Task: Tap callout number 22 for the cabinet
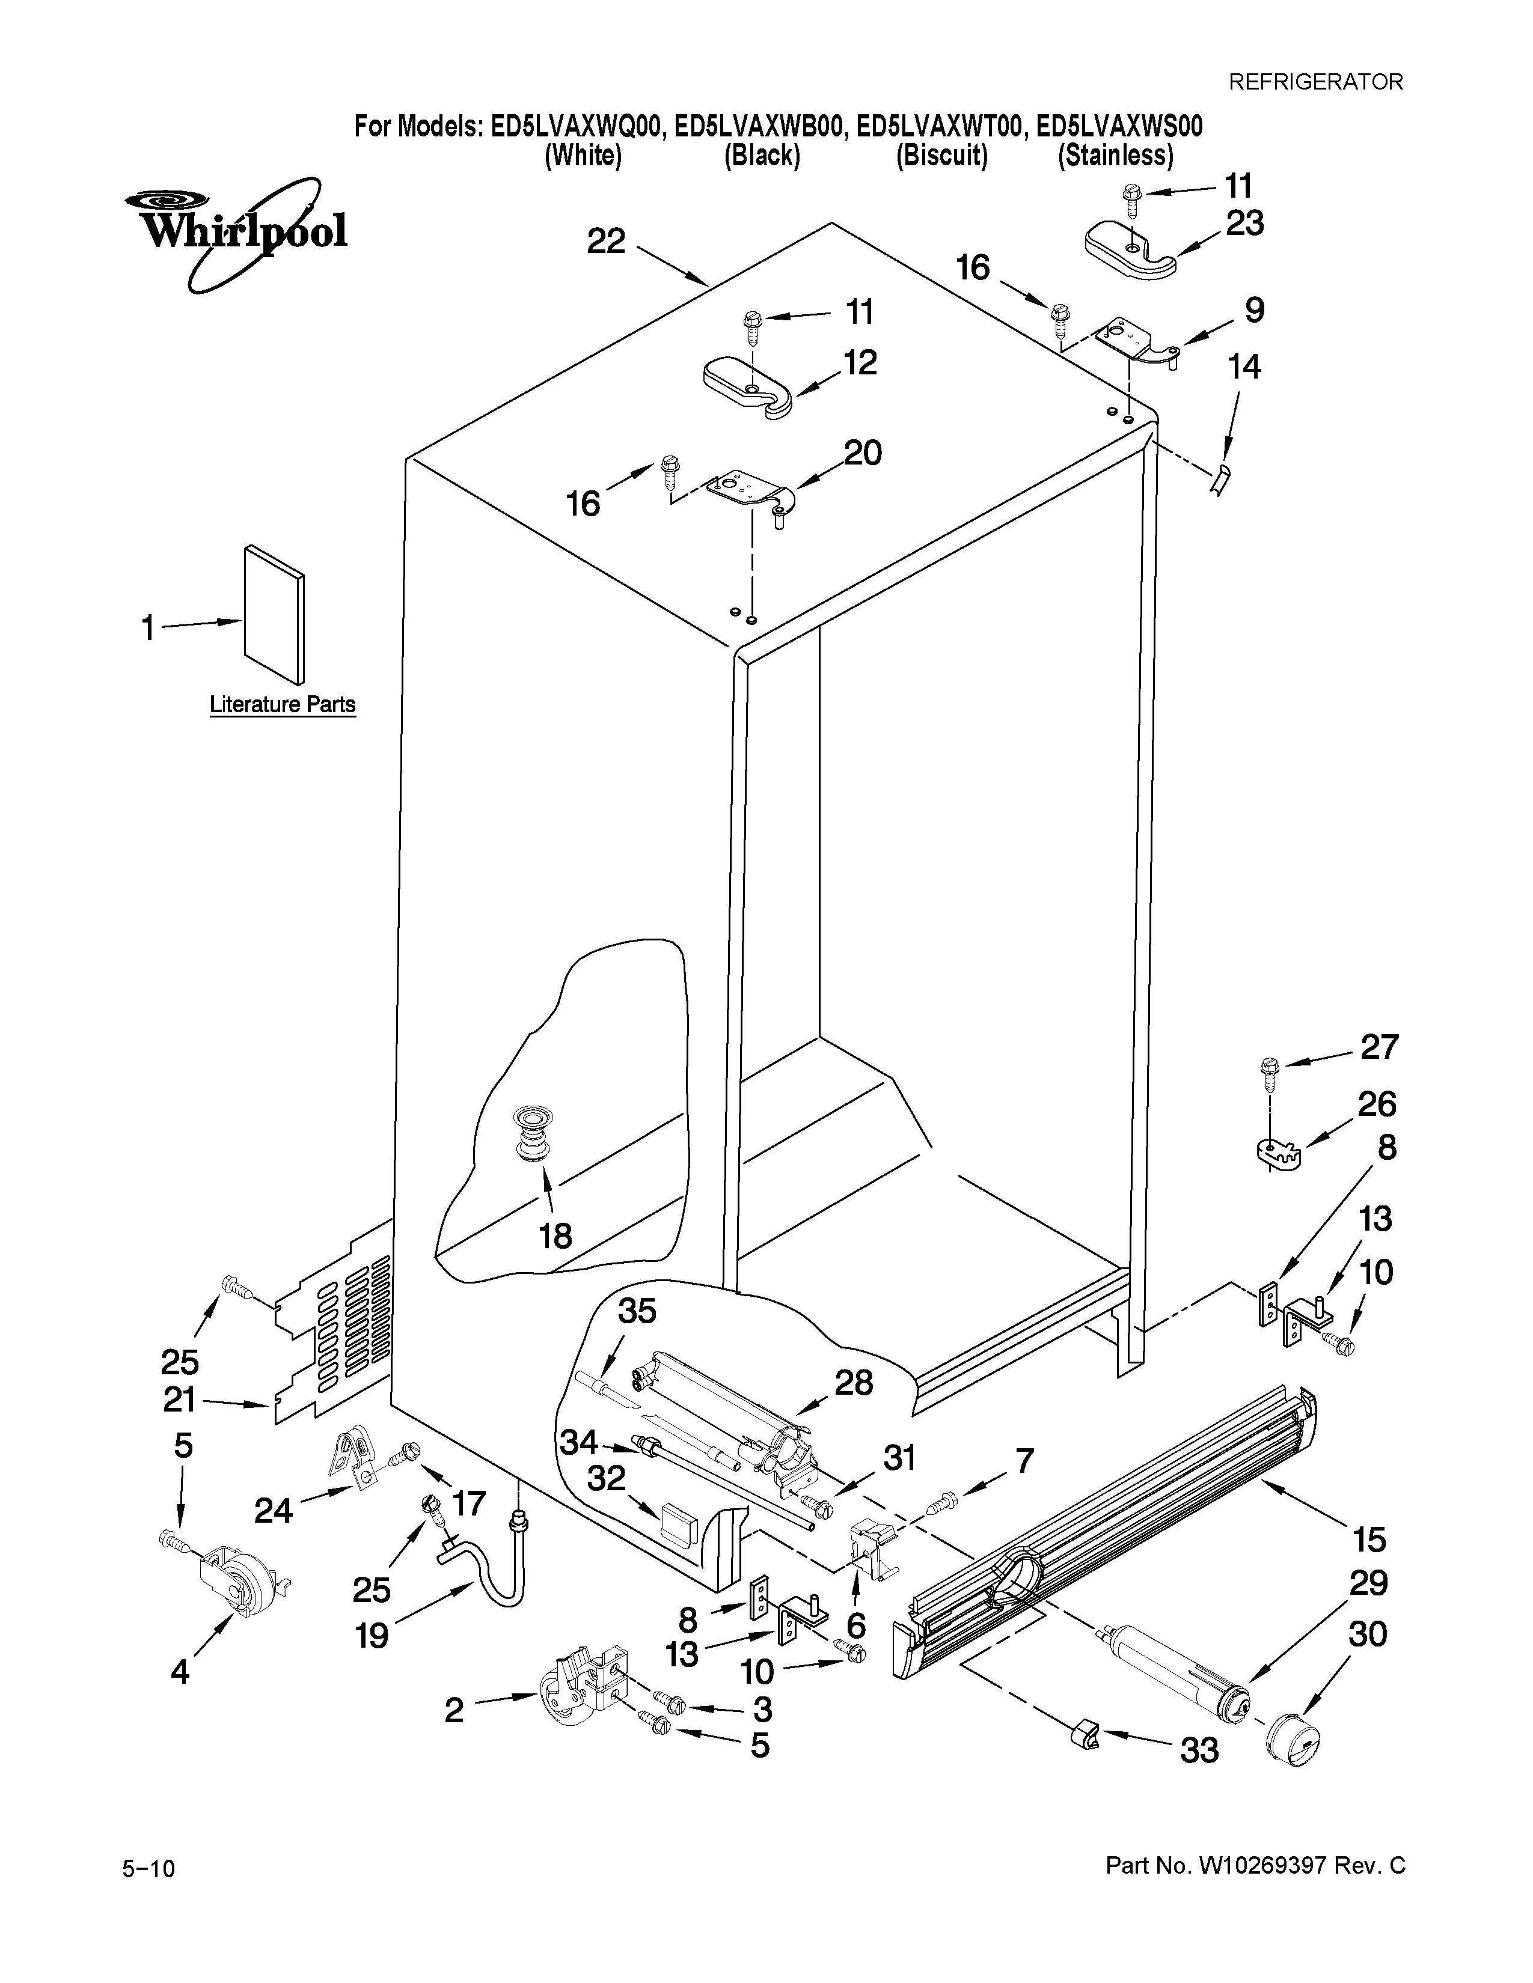(x=606, y=242)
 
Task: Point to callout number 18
(x=555, y=1235)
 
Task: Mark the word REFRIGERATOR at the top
(x=1315, y=82)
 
